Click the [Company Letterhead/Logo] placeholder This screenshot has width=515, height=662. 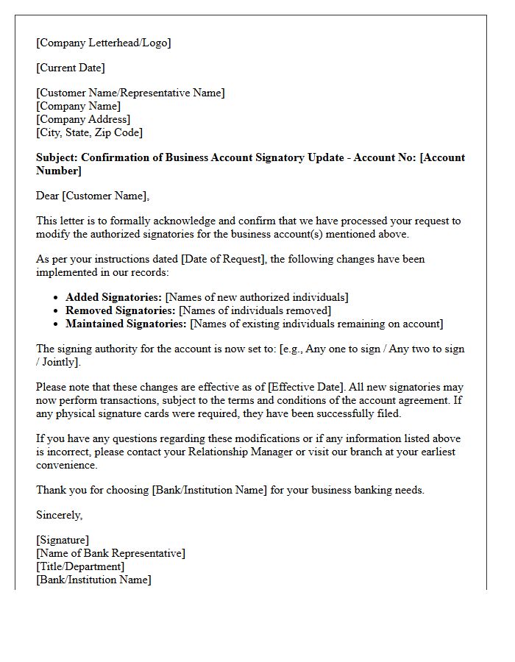[103, 43]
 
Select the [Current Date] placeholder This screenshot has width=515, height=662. [71, 68]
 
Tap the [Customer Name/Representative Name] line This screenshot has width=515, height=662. [130, 93]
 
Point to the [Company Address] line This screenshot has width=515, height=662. [83, 119]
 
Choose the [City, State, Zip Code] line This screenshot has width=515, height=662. [89, 132]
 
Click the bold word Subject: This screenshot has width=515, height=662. [57, 157]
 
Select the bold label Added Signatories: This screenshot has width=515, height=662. [113, 297]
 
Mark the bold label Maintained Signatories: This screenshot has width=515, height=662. [127, 324]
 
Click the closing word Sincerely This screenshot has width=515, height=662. [59, 515]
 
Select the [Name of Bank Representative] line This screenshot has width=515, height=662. [110, 553]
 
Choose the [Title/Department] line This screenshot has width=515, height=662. [80, 566]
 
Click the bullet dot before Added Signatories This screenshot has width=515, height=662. [57, 297]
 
